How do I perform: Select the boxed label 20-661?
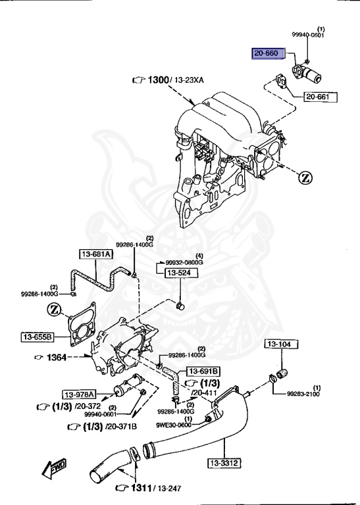click(320, 97)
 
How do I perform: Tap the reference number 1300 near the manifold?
click(158, 80)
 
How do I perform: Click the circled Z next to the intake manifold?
click(305, 178)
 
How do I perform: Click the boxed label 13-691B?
click(203, 371)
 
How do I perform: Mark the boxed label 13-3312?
click(224, 463)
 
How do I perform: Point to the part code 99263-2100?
click(303, 395)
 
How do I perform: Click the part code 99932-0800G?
click(184, 262)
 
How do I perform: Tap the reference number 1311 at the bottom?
click(140, 488)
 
